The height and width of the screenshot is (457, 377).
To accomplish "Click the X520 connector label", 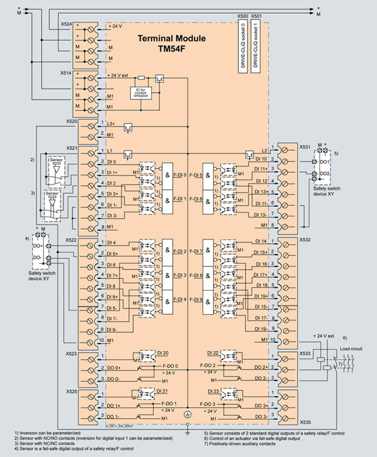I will [x=67, y=120].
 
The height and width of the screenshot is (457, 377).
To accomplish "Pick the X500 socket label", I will [x=242, y=17].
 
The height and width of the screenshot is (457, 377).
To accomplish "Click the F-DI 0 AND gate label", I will [x=180, y=175].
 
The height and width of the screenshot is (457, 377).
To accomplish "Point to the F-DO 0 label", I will [x=169, y=366].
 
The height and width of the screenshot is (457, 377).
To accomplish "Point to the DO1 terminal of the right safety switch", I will [x=323, y=161].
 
